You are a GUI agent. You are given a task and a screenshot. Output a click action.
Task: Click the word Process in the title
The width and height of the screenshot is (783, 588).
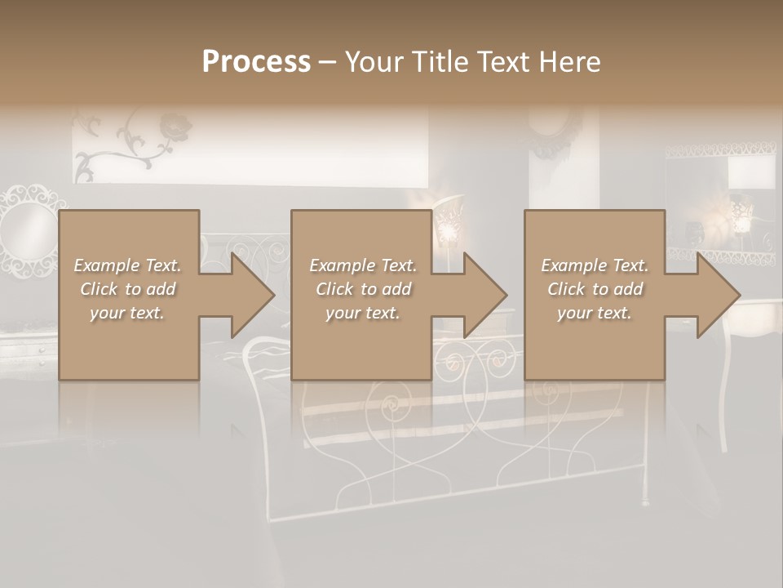click(256, 62)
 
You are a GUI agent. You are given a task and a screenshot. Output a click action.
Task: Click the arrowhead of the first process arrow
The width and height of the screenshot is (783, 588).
click(252, 295)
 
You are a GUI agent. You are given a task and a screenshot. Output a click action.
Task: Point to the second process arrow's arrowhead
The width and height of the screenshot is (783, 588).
click(485, 295)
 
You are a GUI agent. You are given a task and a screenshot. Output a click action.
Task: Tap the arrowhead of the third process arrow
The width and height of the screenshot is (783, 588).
click(719, 295)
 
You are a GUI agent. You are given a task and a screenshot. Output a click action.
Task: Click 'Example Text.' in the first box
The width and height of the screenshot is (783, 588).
click(128, 265)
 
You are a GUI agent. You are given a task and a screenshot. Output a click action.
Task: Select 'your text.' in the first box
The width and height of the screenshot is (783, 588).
click(128, 313)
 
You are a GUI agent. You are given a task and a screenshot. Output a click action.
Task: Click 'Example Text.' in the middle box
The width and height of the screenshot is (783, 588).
click(363, 265)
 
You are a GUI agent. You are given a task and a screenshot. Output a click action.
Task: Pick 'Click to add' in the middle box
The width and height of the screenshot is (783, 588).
click(363, 289)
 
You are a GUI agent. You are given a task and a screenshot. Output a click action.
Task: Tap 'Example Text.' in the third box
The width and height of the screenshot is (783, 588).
click(595, 265)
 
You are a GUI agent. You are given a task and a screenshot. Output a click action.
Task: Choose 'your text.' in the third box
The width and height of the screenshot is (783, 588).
click(595, 313)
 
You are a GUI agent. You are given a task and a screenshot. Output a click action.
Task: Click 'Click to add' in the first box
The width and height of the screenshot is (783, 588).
click(128, 289)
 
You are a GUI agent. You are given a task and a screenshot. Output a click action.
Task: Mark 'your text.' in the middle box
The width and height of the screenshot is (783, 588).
click(363, 313)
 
